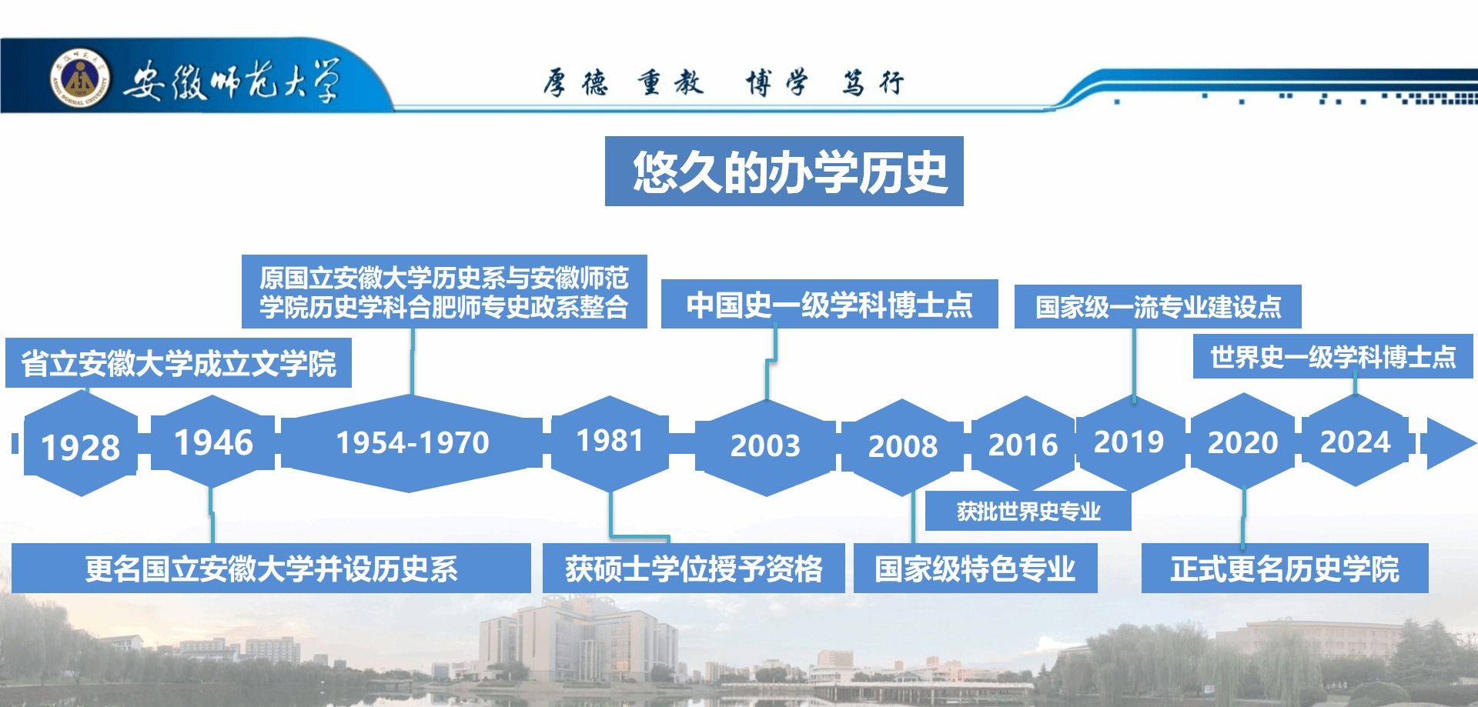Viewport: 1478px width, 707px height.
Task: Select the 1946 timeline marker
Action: click(x=212, y=442)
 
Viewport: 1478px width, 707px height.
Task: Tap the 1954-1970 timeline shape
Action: click(x=412, y=443)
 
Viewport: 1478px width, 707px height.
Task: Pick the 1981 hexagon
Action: click(x=610, y=442)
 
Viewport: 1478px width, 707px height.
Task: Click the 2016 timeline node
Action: click(x=1023, y=444)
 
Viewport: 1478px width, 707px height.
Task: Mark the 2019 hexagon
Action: click(x=1130, y=442)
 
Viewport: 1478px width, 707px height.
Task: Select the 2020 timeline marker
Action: click(x=1242, y=442)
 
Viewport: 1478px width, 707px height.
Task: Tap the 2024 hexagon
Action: click(x=1355, y=441)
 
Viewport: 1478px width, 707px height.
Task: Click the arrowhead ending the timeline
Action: click(x=1452, y=443)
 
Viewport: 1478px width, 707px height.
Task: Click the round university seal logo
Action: click(x=80, y=80)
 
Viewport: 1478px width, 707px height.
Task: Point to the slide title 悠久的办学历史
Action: click(x=784, y=171)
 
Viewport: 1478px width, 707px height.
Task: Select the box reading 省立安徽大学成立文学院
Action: click(x=179, y=362)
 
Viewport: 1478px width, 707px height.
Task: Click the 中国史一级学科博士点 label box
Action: click(x=829, y=304)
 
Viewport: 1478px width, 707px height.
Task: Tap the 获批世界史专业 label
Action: click(x=1028, y=511)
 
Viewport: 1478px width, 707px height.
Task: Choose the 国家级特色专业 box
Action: click(x=975, y=569)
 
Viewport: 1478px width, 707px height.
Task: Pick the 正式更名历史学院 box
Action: click(x=1285, y=569)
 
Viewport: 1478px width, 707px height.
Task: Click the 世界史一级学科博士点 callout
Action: click(x=1333, y=356)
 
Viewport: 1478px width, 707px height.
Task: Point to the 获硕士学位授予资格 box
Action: click(x=694, y=569)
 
